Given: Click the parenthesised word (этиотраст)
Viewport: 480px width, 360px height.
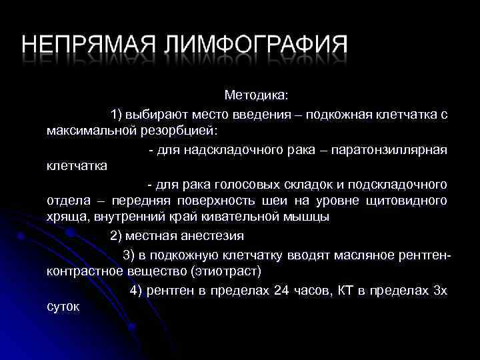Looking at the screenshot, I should (226, 271).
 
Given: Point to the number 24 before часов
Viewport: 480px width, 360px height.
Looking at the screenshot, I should (281, 291).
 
